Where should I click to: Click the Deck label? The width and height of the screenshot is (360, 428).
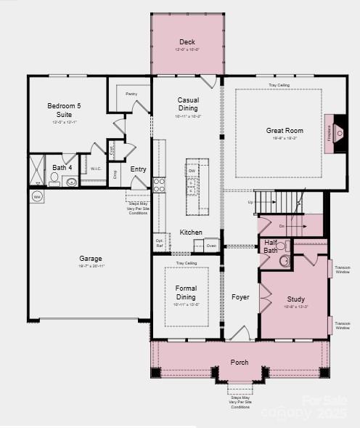[187, 42]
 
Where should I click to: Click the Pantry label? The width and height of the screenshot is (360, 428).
[131, 94]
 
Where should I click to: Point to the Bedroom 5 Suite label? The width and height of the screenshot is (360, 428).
[64, 110]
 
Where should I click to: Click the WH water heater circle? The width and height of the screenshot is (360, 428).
[37, 196]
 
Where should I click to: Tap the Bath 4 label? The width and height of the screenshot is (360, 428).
[62, 168]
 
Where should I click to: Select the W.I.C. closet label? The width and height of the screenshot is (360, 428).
[95, 169]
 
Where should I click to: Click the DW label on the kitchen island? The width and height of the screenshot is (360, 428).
[191, 171]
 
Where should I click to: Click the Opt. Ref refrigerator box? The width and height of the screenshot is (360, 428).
[159, 242]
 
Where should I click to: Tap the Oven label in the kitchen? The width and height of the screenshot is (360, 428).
[211, 246]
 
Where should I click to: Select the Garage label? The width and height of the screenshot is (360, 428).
[91, 259]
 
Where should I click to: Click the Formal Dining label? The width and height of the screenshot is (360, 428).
[186, 293]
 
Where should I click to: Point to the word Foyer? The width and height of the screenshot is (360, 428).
[240, 297]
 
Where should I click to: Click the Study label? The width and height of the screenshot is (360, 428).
[295, 299]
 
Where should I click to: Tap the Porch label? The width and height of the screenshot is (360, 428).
[240, 362]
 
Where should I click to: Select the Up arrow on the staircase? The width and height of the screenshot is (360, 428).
[252, 202]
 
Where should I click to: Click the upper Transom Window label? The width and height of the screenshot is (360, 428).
[343, 270]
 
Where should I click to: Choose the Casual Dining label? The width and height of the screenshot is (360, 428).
[187, 104]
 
